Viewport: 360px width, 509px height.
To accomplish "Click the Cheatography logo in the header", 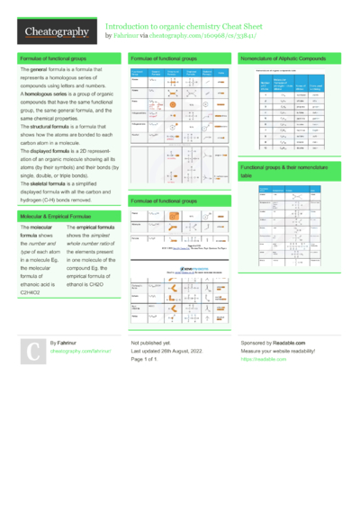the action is point(57,32).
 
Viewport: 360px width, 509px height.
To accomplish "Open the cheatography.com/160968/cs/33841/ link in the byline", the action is point(206,36).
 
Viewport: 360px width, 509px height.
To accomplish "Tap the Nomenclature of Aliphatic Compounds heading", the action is point(286,58).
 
